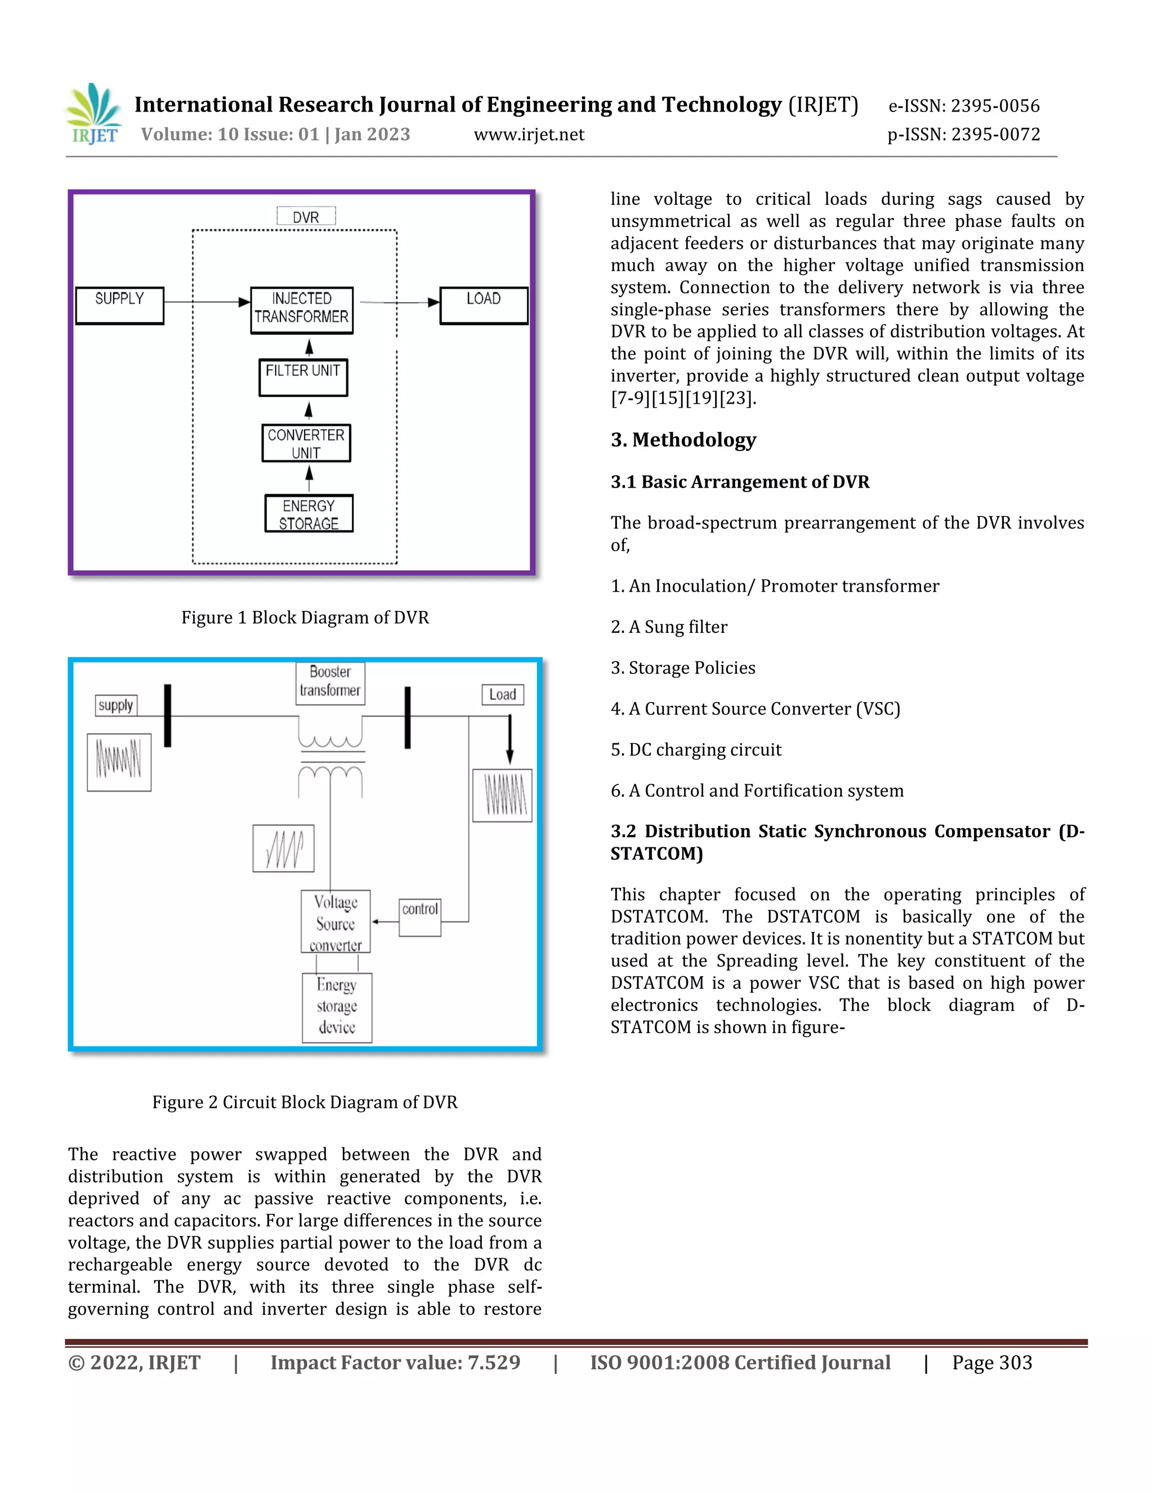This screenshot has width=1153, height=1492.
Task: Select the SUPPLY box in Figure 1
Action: point(119,305)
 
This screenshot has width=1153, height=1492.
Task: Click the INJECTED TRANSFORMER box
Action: point(301,310)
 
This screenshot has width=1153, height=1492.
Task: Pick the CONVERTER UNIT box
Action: point(306,443)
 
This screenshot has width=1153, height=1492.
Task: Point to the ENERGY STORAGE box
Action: point(309,513)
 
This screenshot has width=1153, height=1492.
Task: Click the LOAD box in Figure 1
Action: point(484,305)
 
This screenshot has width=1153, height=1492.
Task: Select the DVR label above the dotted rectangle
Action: point(306,217)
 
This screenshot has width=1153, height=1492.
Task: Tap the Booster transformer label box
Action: point(330,682)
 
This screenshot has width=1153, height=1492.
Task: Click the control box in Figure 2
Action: point(419,916)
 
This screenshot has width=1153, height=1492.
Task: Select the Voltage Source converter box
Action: point(336,921)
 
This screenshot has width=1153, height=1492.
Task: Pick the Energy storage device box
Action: point(337,1007)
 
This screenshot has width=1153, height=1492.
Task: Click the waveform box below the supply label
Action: point(119,762)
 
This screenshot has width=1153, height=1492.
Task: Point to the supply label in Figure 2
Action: point(115,705)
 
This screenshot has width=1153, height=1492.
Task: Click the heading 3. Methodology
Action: point(683,439)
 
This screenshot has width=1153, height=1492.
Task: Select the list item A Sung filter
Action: point(669,627)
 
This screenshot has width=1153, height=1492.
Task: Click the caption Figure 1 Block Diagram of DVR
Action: point(305,617)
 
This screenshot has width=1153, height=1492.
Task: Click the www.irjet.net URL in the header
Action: point(529,134)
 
